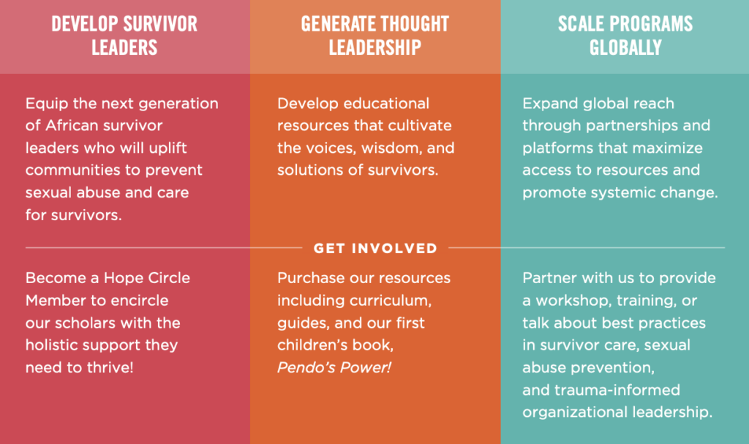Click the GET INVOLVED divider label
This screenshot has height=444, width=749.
(x=375, y=248)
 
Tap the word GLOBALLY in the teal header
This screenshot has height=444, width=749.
(x=625, y=48)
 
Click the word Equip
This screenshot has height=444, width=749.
(x=42, y=104)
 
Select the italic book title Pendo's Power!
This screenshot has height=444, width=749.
(x=334, y=367)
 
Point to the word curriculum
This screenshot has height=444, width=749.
(x=391, y=300)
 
